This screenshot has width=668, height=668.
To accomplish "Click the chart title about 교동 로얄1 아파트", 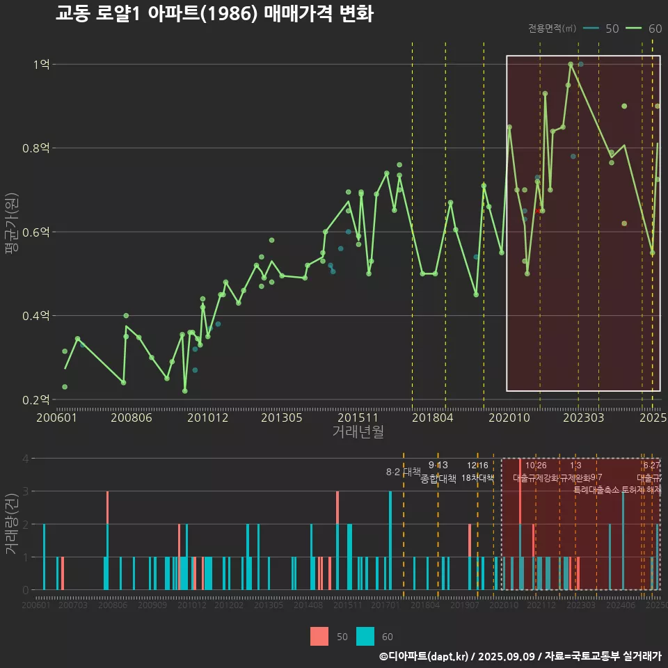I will point(214,13).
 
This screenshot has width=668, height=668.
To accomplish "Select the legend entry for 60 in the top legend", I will point(644,29).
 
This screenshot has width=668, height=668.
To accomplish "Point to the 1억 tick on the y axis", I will point(41,65).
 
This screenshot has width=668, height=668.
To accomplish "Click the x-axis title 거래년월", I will point(358,432).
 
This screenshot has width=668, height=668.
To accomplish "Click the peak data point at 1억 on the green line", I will point(571,64).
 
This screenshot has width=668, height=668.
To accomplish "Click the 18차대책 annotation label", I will point(477,478).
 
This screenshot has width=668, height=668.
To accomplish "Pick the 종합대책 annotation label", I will point(438,478).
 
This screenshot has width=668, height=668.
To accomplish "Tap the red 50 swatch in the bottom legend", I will point(319,636).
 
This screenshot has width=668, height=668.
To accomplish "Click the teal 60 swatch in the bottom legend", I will point(365,636).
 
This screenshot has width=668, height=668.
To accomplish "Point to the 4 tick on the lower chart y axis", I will point(25,459).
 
